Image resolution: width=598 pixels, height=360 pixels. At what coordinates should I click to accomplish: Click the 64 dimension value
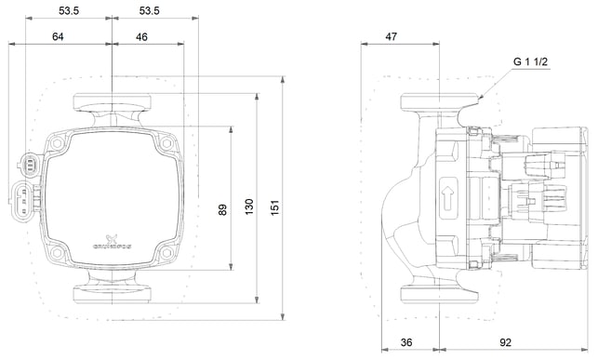click(x=58, y=37)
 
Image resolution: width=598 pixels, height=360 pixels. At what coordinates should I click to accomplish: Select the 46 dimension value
click(x=141, y=37)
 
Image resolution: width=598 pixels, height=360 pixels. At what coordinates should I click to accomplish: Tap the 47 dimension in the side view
click(x=392, y=36)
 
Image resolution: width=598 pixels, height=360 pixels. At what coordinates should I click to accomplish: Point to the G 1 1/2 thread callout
click(x=530, y=61)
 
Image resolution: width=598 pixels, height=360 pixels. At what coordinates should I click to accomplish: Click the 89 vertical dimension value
click(x=222, y=209)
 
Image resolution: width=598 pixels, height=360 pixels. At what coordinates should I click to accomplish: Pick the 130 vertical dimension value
click(x=249, y=207)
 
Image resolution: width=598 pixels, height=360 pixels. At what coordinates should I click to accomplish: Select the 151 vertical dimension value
click(x=275, y=207)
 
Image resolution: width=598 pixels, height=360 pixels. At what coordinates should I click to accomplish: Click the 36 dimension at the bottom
click(x=406, y=342)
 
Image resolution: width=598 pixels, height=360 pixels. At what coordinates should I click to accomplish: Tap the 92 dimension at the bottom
click(x=505, y=342)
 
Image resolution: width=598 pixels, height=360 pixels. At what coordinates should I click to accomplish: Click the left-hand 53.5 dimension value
click(x=69, y=10)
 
